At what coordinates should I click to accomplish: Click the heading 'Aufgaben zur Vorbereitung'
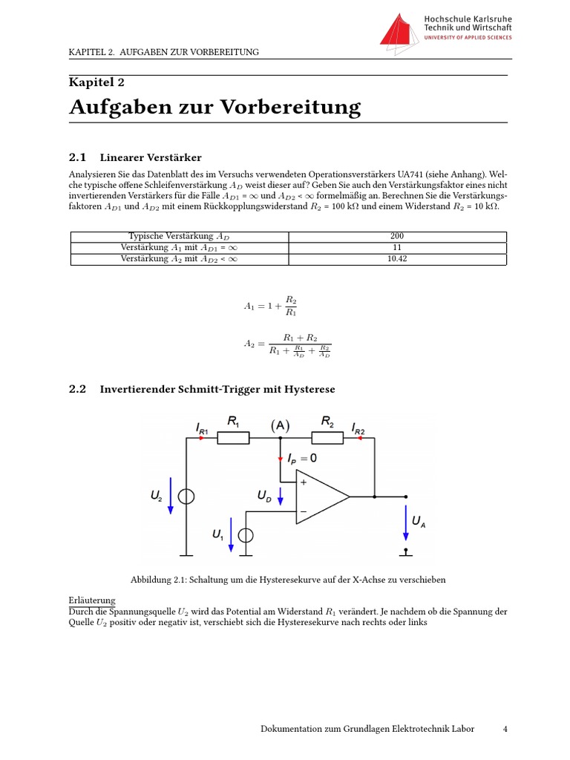(215, 108)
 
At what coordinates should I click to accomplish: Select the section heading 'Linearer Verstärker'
(151, 157)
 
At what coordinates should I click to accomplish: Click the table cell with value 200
(396, 237)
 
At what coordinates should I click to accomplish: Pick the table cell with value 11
(396, 248)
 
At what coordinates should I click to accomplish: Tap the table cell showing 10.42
(396, 259)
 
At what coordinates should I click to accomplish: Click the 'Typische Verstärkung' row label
(179, 237)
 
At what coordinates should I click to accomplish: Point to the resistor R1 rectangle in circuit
(232, 438)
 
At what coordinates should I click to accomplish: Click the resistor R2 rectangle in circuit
(328, 438)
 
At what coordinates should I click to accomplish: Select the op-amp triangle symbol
(321, 497)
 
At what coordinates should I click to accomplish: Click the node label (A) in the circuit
(280, 425)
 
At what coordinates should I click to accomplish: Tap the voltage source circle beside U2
(186, 497)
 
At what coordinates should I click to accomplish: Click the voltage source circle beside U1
(246, 535)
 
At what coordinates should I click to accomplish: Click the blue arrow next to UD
(280, 497)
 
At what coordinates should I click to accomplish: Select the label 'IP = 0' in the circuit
(302, 459)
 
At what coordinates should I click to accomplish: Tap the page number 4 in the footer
(505, 730)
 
